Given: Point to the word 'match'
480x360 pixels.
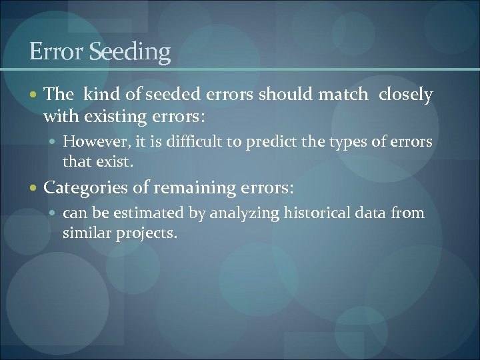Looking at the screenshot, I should click(341, 95).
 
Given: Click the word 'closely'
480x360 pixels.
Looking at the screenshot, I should click(405, 95).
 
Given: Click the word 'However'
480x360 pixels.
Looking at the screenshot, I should click(91, 142).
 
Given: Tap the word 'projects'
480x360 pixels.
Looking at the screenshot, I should click(146, 234).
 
